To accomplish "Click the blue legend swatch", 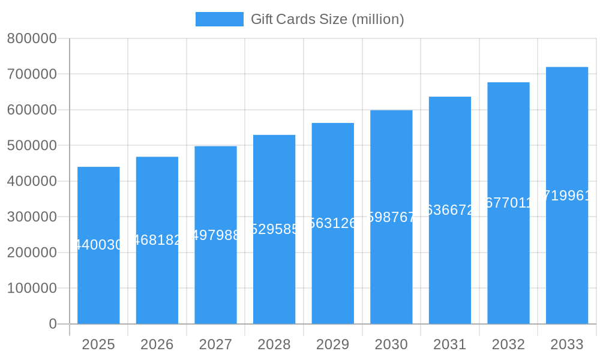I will [220, 19].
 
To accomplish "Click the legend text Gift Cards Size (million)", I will [327, 19].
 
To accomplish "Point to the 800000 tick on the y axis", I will [32, 39].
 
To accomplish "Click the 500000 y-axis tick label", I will [32, 146].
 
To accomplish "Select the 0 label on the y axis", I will [52, 324].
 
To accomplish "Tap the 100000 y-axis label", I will [32, 289].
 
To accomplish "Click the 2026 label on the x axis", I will [157, 344].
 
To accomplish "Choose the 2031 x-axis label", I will [449, 344].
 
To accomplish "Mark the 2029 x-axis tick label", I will [332, 344].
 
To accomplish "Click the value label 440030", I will [98, 245].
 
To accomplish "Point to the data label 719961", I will [567, 196].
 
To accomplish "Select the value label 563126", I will [332, 223].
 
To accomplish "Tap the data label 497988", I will [215, 235].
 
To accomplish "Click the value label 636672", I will [449, 210].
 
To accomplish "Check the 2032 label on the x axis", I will [508, 344].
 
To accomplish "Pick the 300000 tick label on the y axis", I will [32, 217].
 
